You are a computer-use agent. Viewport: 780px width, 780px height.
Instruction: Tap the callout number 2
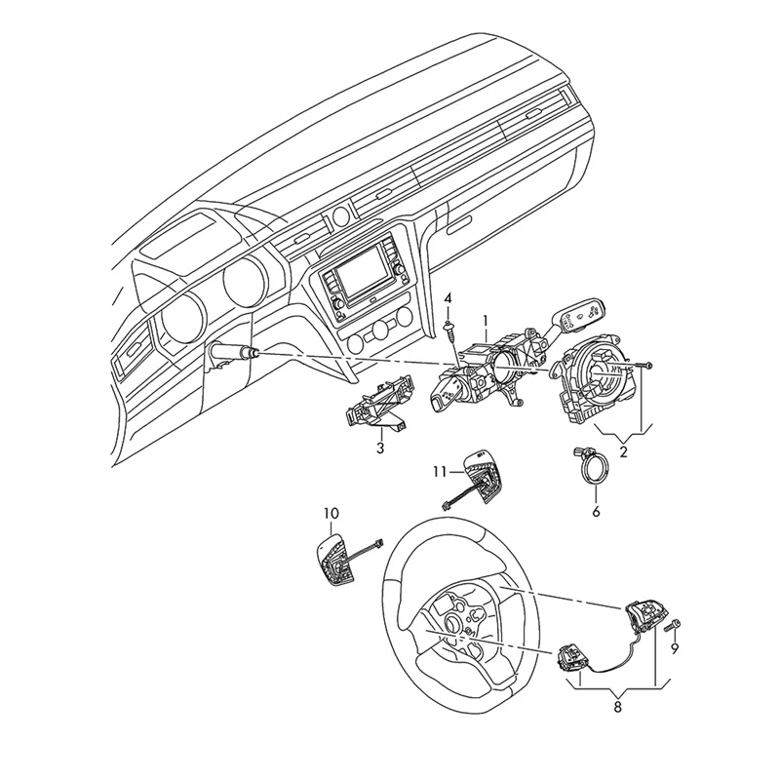click(x=625, y=450)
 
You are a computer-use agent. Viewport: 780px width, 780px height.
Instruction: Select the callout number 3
click(x=381, y=448)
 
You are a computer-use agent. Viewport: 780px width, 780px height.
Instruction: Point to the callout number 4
click(x=448, y=296)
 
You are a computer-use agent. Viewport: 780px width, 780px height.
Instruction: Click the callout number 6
click(x=597, y=510)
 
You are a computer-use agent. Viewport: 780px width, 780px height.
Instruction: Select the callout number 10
click(x=331, y=512)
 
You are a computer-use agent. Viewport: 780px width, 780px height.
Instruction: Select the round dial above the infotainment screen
click(x=340, y=215)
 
